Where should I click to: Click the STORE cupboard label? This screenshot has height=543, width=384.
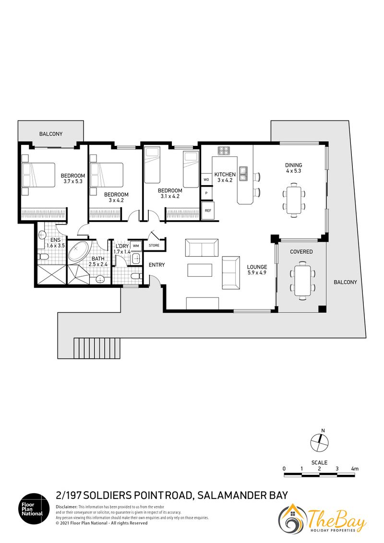click(154, 245)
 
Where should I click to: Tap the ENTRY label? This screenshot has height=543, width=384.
click(156, 265)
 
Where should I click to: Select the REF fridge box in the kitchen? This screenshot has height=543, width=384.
click(208, 210)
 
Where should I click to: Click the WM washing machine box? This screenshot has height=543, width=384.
click(136, 246)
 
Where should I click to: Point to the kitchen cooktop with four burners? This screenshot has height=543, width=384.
click(224, 151)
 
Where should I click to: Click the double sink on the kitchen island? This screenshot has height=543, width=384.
click(243, 174)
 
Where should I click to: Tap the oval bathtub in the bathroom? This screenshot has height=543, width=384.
click(79, 252)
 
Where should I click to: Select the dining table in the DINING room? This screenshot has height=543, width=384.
click(294, 200)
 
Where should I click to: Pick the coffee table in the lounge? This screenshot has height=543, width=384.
click(200, 270)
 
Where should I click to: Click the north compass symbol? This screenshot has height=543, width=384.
click(319, 442)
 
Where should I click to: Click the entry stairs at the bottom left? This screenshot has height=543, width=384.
click(97, 348)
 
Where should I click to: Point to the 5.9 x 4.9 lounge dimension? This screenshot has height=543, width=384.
click(257, 272)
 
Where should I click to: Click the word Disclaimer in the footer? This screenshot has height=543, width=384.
click(66, 507)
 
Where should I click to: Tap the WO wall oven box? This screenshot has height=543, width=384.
click(206, 180)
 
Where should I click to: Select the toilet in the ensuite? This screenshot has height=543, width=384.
click(43, 257)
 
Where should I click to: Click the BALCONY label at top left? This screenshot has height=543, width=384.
click(50, 134)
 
